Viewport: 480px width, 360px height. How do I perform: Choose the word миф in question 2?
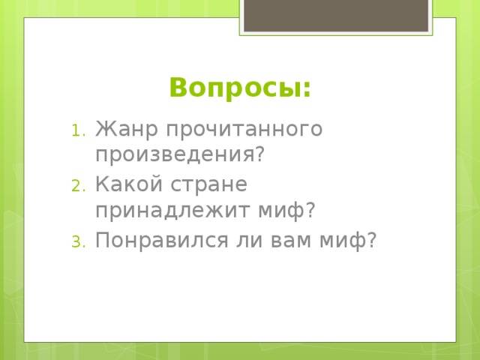pyautogui.click(x=283, y=211)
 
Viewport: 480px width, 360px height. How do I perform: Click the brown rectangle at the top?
pyautogui.click(x=335, y=15)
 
